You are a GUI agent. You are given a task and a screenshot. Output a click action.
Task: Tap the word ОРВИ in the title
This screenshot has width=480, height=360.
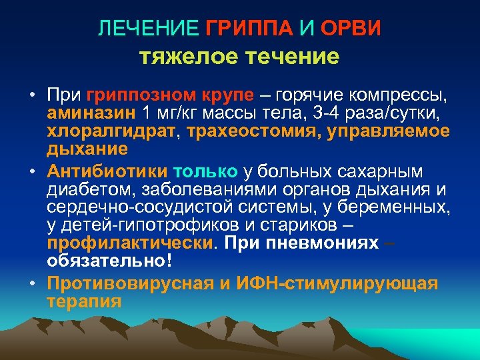(351, 29)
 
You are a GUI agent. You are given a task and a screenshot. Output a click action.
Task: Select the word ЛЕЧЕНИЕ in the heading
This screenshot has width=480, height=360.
(148, 29)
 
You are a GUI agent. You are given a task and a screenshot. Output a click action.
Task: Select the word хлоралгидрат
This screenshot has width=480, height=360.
(105, 130)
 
